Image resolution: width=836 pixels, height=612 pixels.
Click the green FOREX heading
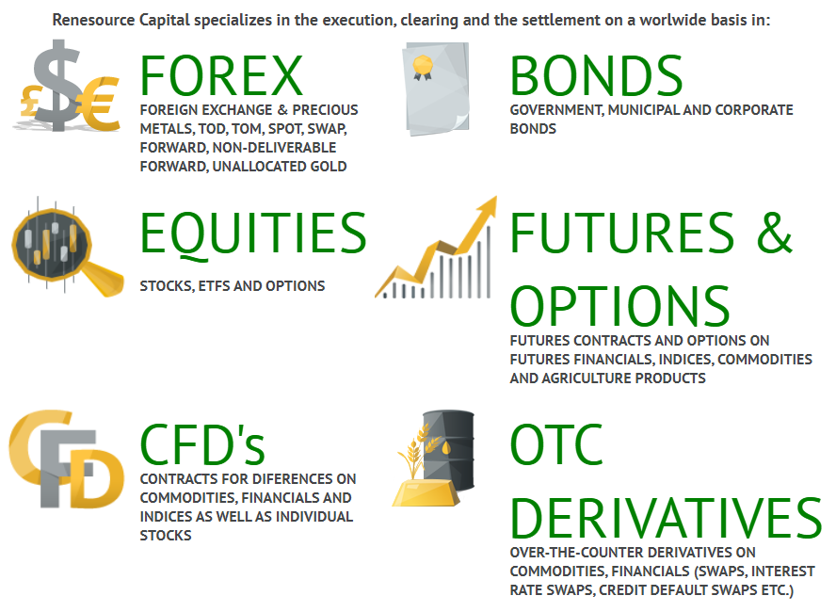[221, 75]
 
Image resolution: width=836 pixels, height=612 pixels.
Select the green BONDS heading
[596, 75]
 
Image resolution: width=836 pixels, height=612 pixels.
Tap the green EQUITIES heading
[253, 233]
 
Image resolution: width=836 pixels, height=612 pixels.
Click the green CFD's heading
[202, 444]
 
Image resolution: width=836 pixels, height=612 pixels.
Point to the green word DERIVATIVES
[666, 518]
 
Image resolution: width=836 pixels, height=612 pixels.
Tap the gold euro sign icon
[99, 104]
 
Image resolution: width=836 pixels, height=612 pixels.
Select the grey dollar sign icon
[56, 84]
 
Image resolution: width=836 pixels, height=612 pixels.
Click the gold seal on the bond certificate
[423, 67]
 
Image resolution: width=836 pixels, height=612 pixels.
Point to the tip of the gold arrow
[496, 197]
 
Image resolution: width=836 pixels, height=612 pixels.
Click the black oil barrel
[449, 449]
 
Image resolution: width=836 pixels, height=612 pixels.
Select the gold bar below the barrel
[426, 492]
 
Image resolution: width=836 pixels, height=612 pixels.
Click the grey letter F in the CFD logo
[67, 468]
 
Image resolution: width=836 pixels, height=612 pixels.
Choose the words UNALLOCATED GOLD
[280, 167]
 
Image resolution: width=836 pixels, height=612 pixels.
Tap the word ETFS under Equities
[215, 286]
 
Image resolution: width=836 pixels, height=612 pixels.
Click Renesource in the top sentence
[93, 21]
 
